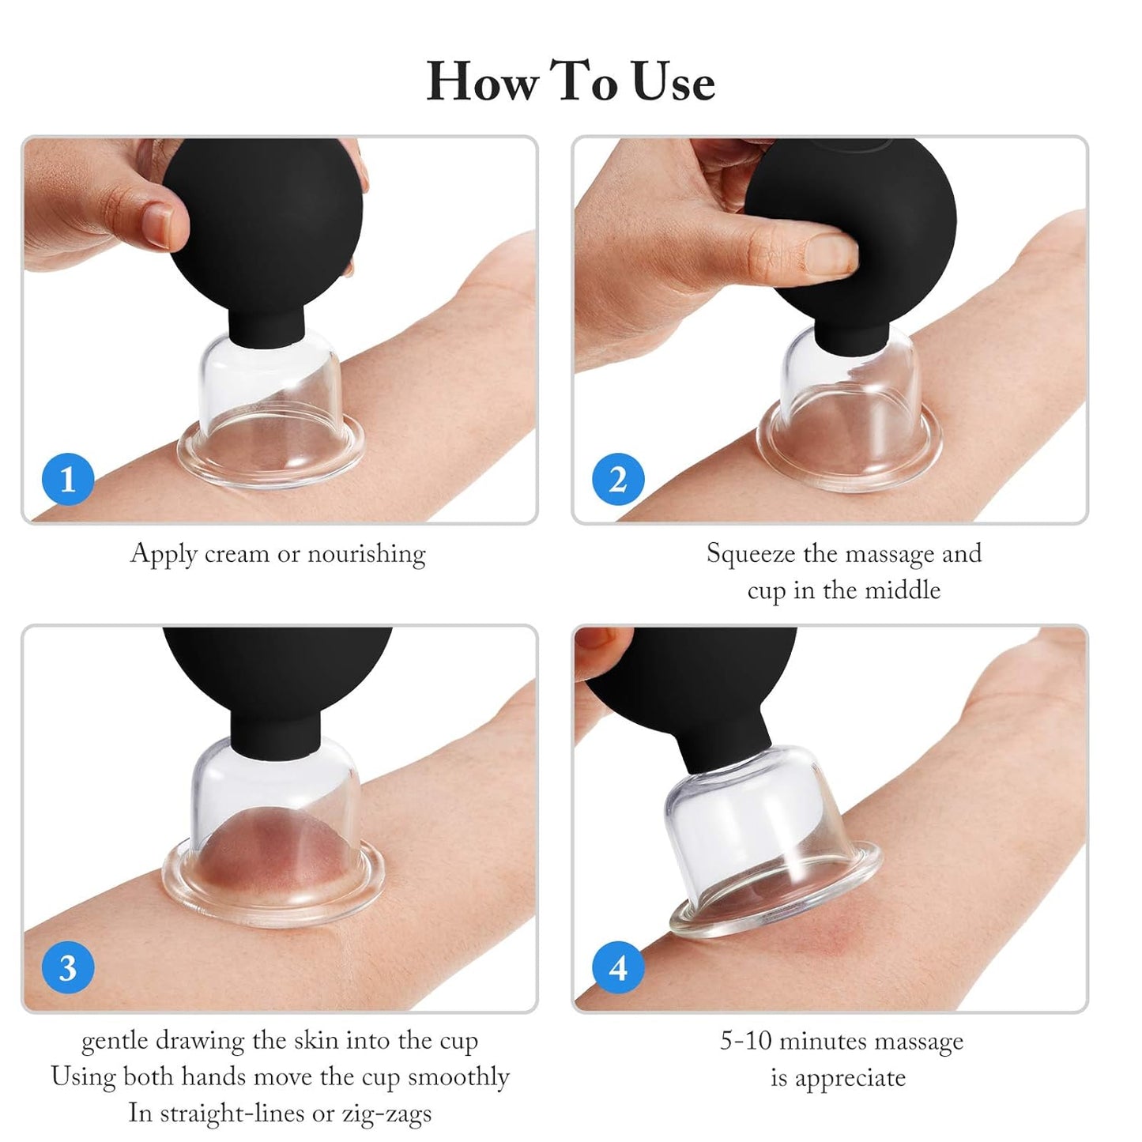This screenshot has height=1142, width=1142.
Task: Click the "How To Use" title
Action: click(571, 81)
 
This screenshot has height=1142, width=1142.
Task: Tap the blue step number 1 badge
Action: click(67, 479)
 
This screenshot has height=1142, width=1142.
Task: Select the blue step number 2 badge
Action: click(618, 479)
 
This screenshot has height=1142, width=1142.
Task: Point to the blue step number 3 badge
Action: click(67, 967)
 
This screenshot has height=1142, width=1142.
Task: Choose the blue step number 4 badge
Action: click(618, 967)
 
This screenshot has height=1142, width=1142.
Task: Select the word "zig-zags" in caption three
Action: click(386, 1113)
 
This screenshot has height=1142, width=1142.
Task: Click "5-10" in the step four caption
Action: click(745, 1041)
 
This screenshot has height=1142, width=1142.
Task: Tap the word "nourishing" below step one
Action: click(366, 553)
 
